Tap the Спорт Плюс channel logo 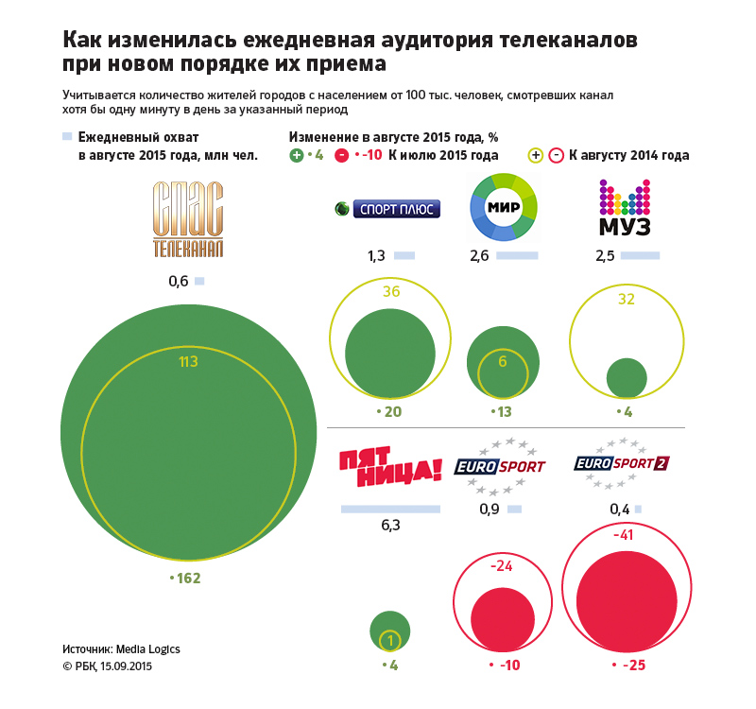(388, 209)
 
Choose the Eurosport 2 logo (622, 463)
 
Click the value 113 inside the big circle (188, 361)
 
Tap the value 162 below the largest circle (186, 578)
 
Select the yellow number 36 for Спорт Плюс (391, 291)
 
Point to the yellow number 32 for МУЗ (626, 299)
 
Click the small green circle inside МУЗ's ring (626, 378)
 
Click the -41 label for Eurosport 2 (623, 535)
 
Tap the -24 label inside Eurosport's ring (501, 567)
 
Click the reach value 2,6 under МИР (479, 256)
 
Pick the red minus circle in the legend (342, 155)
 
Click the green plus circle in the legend (297, 155)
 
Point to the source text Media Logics (148, 649)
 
